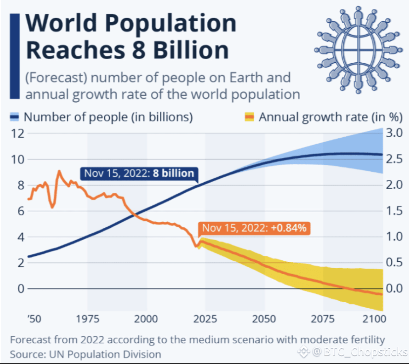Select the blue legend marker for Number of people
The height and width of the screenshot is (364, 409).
[15, 117]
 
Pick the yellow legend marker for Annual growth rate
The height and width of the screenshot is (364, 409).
[249, 117]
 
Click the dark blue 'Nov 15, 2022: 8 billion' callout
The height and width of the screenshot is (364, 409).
[139, 173]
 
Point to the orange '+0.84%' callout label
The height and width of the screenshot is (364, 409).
[255, 228]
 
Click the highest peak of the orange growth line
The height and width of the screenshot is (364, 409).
[59, 171]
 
